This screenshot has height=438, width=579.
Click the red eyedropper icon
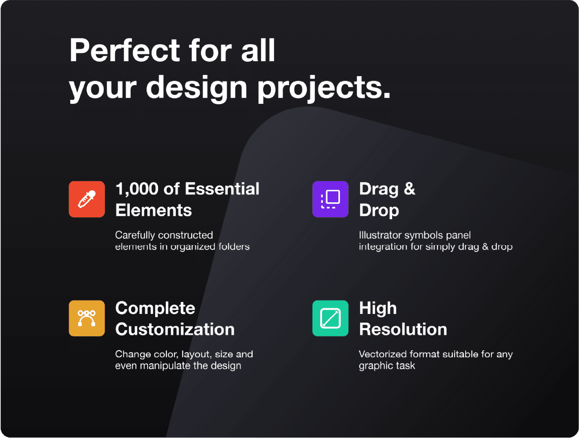pos(87,199)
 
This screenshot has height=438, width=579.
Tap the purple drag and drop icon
pos(330,199)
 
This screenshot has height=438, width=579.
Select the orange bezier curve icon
pos(87,318)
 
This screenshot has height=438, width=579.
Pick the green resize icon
pos(330,318)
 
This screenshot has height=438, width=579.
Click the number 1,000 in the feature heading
pos(137,189)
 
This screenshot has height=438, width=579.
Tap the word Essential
pos(222,189)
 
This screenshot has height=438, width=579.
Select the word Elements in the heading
pos(153,210)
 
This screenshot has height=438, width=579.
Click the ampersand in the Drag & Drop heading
pos(409,189)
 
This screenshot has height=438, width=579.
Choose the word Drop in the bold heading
pos(379,211)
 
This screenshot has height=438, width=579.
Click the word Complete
pos(155,309)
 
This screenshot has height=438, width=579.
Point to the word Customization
pos(175,329)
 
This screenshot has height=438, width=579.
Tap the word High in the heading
pos(378,309)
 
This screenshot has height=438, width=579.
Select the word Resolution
pos(403,329)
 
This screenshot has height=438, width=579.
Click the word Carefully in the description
pos(129,235)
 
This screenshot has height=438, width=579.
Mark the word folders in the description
pos(234,247)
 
